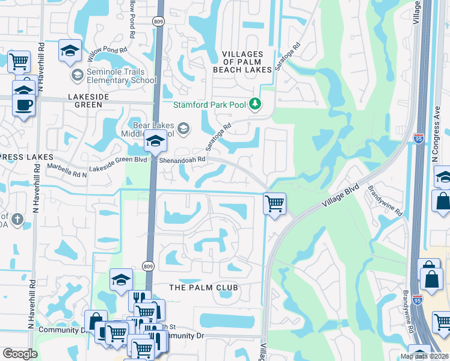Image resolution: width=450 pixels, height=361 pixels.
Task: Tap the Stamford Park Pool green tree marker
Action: click(255, 104)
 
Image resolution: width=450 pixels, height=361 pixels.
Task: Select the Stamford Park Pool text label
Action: click(209, 105)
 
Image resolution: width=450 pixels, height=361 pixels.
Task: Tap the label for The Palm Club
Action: click(203, 288)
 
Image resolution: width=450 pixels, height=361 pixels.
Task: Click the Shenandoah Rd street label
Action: click(182, 160)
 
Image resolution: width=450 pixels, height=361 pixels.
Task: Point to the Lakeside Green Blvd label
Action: click(119, 160)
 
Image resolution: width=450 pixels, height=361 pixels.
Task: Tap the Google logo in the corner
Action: click(19, 354)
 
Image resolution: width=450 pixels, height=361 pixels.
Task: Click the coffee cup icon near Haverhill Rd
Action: click(23, 104)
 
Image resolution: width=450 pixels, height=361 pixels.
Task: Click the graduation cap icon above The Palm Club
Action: click(121, 279)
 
